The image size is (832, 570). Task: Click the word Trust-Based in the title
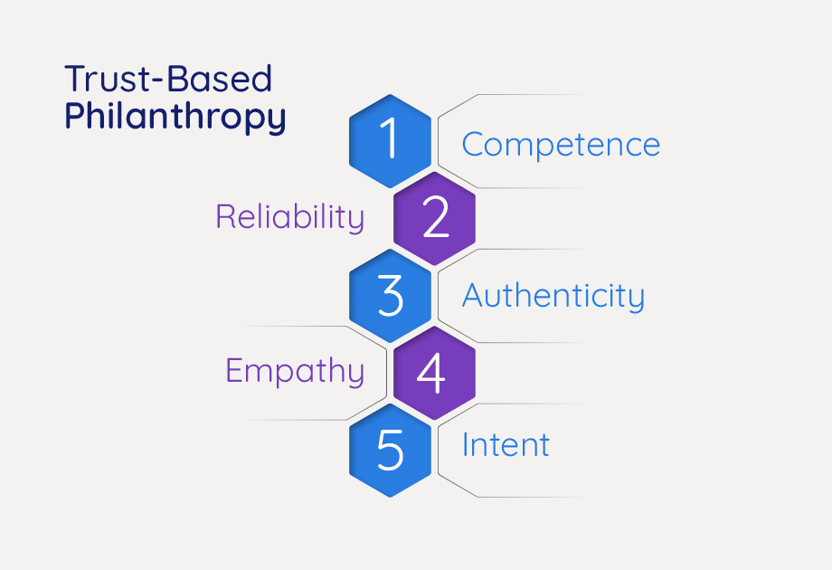click(x=167, y=80)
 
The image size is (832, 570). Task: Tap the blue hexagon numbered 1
click(x=390, y=140)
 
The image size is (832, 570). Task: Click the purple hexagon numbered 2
click(x=435, y=218)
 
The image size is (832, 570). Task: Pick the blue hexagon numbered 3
click(x=390, y=295)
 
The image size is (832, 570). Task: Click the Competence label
click(x=561, y=145)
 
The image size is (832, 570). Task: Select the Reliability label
click(x=289, y=217)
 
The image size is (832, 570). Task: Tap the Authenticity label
click(x=553, y=296)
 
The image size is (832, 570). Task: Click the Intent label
click(x=506, y=445)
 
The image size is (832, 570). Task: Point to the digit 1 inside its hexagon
click(x=390, y=140)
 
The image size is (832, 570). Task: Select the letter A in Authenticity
click(x=474, y=295)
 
